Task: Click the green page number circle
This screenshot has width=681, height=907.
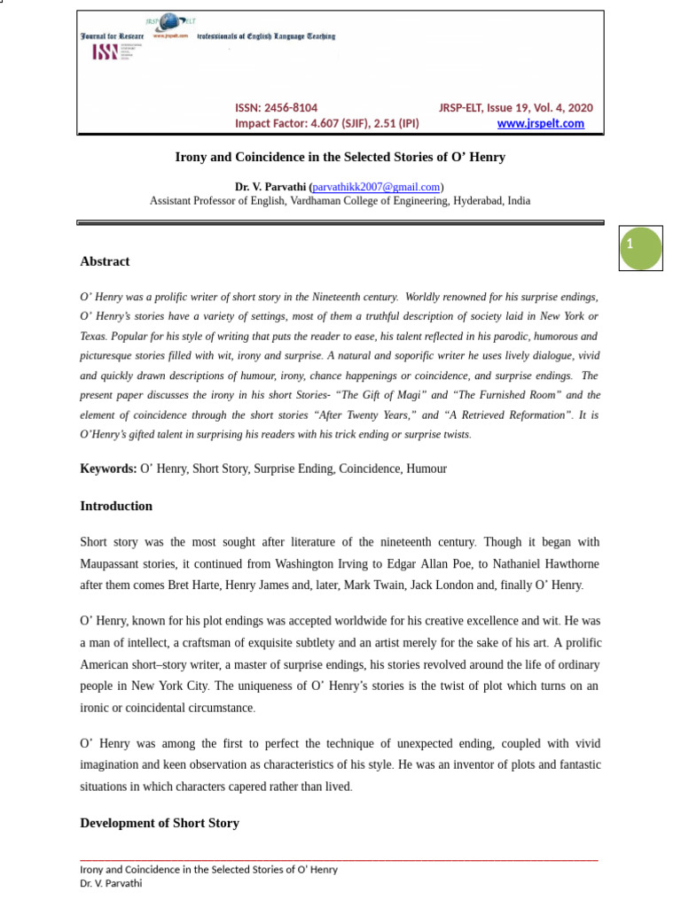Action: coord(641,248)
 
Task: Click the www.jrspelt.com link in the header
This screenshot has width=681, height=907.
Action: coord(540,123)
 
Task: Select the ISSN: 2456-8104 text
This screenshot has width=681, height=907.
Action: coord(276,107)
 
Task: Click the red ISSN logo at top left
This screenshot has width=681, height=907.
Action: coord(106,52)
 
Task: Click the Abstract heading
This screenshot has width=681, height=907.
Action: coord(105,261)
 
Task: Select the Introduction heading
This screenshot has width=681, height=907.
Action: coord(116,507)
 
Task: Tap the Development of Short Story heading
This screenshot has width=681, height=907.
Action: coord(160,823)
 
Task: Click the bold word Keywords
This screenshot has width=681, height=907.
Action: coord(108,469)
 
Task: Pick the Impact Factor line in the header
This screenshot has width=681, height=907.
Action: coord(326,123)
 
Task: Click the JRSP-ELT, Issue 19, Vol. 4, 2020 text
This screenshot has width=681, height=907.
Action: coord(515,107)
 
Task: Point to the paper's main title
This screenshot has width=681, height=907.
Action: coord(340,158)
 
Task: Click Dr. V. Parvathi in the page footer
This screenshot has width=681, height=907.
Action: coord(111,883)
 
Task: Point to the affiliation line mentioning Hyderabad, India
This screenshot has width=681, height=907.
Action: coord(340,201)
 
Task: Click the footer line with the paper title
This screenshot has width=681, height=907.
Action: coord(208,870)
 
